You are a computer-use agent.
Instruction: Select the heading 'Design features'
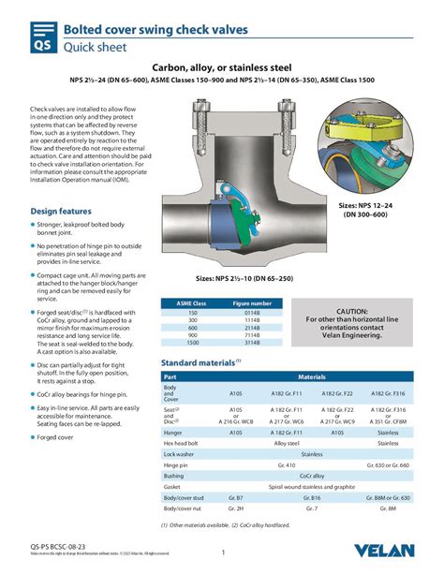click(61, 211)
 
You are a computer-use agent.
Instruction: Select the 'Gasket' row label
click(172, 487)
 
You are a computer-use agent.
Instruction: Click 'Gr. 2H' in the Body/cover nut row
click(236, 509)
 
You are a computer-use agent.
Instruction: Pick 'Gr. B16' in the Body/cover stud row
click(311, 498)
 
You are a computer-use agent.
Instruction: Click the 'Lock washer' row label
click(179, 453)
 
